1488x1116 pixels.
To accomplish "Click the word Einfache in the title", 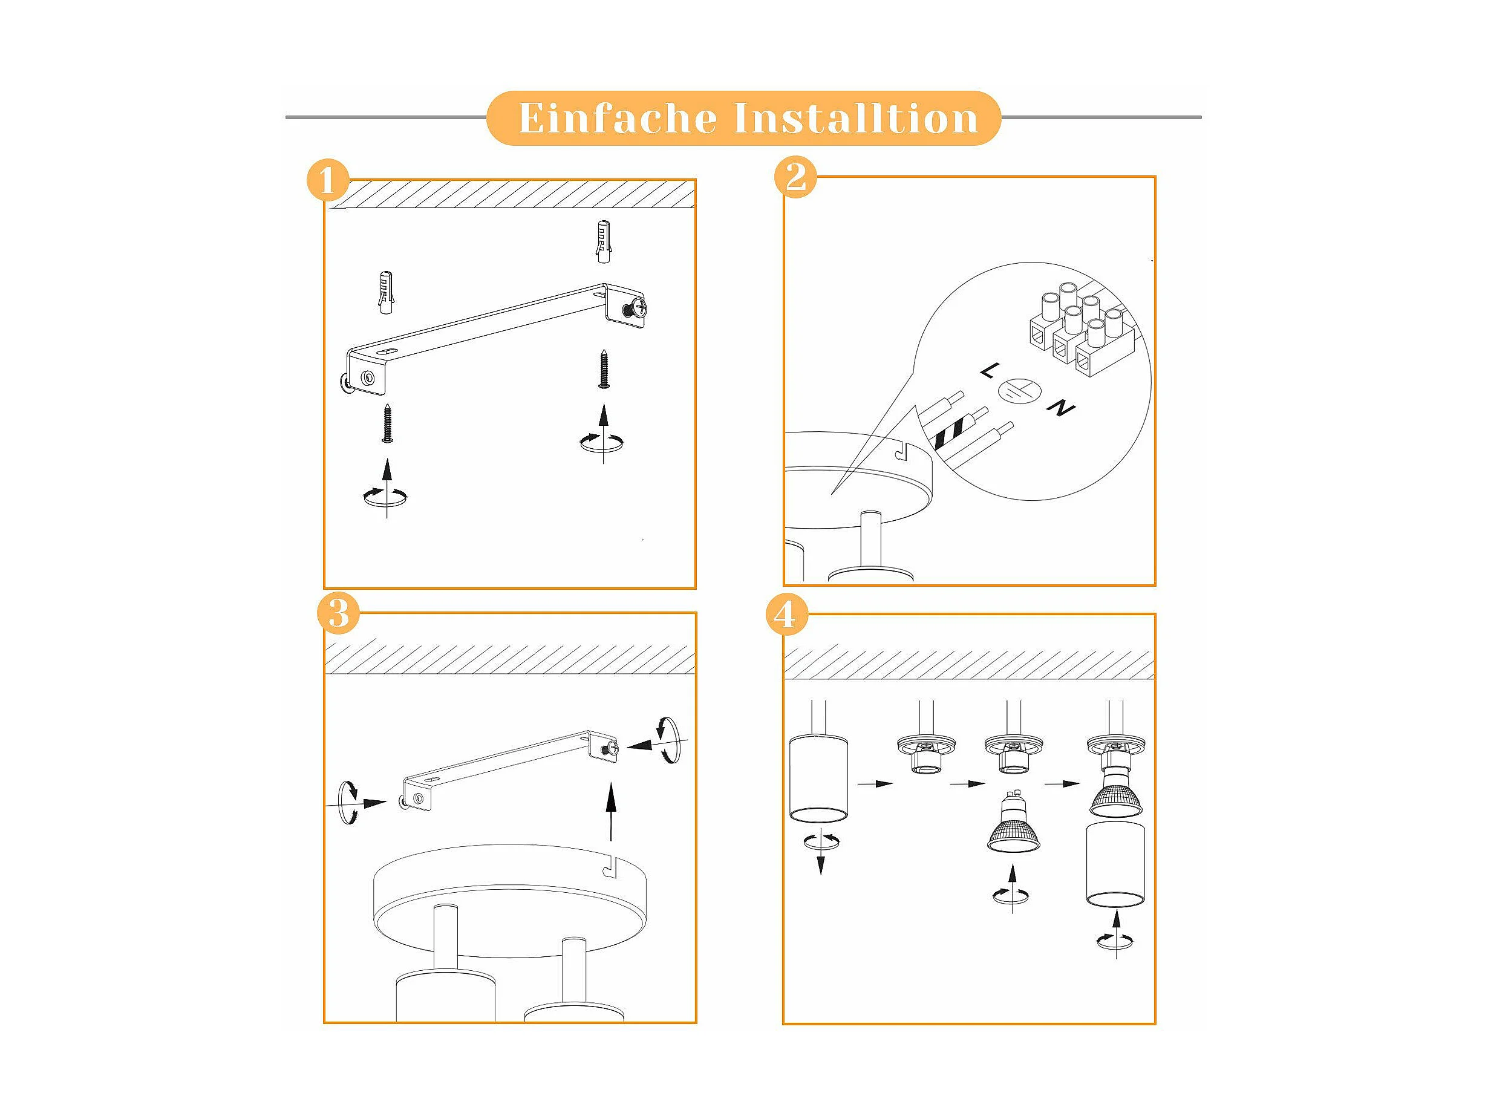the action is (618, 119).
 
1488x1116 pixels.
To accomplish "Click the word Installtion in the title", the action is (856, 119).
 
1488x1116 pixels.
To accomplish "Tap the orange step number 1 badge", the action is (328, 180).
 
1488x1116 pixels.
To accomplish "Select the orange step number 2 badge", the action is (796, 178).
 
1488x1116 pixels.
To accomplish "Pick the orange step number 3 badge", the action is (338, 613).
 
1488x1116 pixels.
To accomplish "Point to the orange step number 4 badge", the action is (785, 614).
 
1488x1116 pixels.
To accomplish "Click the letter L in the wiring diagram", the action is (989, 370).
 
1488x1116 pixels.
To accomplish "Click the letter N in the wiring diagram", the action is (1061, 408).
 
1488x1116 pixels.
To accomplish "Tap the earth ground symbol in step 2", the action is (1019, 390).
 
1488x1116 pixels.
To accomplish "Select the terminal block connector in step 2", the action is (1079, 328).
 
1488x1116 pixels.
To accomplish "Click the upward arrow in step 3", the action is (611, 811).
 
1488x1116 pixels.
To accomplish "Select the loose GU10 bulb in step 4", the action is (1013, 821).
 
